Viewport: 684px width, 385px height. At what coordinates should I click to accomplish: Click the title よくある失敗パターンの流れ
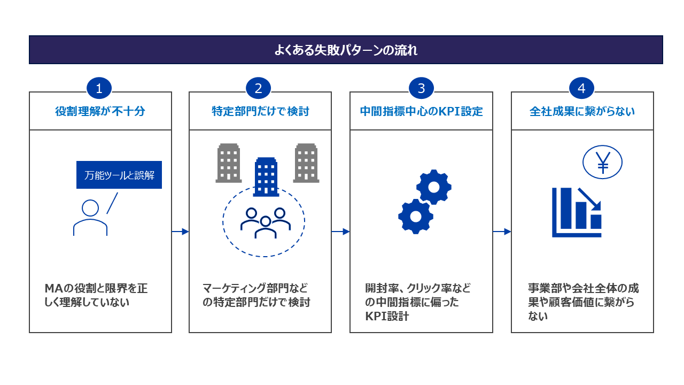point(346,50)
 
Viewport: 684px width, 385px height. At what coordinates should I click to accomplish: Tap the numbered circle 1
point(99,88)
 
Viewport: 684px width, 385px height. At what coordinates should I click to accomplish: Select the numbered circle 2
point(258,88)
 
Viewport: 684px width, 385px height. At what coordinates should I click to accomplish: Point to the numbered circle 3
point(422,88)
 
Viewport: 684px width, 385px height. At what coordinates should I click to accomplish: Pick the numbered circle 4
point(581,88)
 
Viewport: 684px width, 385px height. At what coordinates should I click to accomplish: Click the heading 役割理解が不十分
point(100,111)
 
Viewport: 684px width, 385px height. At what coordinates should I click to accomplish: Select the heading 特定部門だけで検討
point(260,111)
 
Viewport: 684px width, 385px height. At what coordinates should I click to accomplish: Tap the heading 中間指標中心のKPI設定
point(422,111)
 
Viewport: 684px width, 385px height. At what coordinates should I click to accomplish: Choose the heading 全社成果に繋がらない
point(582,111)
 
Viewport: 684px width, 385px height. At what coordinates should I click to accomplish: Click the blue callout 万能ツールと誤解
point(119,175)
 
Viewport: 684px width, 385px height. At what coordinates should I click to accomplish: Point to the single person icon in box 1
point(90,218)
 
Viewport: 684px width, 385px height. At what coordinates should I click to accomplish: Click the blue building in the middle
point(266,177)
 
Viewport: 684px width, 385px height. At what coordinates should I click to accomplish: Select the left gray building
point(229,163)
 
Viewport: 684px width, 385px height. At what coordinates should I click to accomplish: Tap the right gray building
point(306,163)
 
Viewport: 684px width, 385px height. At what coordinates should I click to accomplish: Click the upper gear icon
point(434,187)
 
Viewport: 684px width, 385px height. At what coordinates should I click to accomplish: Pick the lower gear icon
point(416,217)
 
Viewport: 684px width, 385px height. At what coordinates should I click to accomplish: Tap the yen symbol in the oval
point(603,163)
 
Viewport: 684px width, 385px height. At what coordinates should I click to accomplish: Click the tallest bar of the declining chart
point(566,208)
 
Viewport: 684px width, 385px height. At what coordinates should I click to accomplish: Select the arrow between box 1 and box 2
point(180,232)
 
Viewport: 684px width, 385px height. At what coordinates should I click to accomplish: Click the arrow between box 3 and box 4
point(502,232)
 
